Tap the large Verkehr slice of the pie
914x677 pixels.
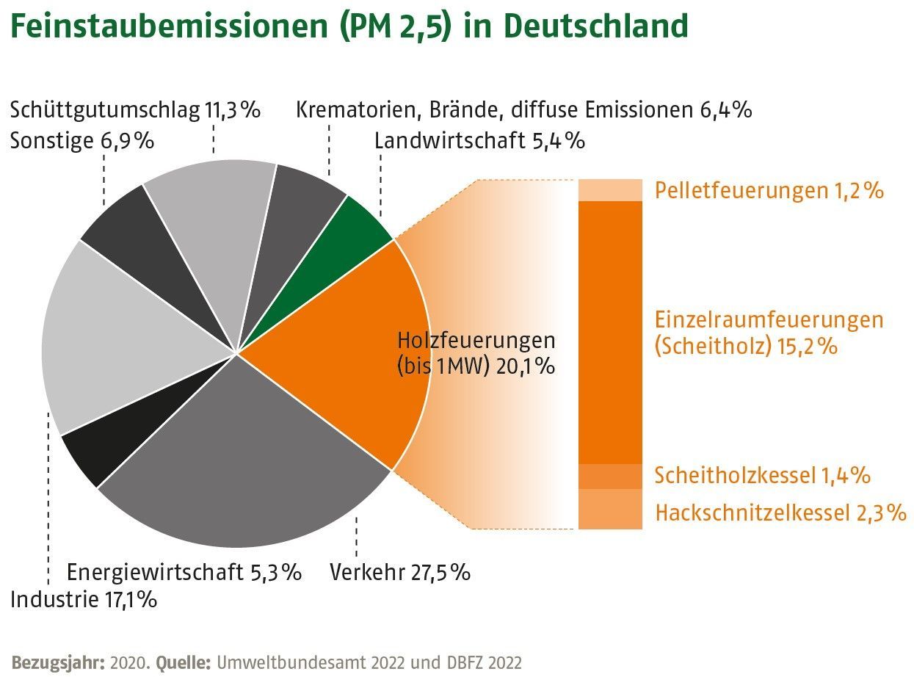pyautogui.click(x=242, y=470)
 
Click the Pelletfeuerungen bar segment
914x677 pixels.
pyautogui.click(x=610, y=189)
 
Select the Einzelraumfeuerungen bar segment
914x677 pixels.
pyautogui.click(x=610, y=330)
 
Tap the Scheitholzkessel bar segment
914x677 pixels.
pyautogui.click(x=610, y=476)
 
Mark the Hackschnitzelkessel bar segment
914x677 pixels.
pyautogui.click(x=610, y=509)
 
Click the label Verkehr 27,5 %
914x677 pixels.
pyautogui.click(x=400, y=572)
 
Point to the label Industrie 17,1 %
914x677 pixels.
pyautogui.click(x=84, y=599)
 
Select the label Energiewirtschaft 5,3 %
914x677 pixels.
pyautogui.click(x=184, y=572)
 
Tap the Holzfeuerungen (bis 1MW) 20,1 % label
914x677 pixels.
pyautogui.click(x=476, y=353)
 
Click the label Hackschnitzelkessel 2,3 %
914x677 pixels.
pyautogui.click(x=780, y=513)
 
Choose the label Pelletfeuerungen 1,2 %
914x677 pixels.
pyautogui.click(x=769, y=191)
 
